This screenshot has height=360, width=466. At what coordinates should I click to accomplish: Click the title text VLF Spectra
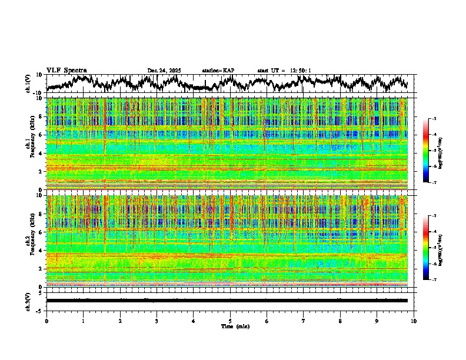point(66,70)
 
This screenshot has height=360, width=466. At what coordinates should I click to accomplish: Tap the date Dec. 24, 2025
point(164,71)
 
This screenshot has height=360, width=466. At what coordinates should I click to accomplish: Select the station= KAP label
point(218,71)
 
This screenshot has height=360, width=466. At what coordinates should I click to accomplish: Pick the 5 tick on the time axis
point(230,321)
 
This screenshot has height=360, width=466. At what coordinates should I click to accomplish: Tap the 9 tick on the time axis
point(377,321)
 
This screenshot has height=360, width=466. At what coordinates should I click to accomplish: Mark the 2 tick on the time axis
point(120,321)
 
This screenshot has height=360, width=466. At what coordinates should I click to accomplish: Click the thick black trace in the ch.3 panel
point(227,301)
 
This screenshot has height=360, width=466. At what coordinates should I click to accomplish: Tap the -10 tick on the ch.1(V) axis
point(38,92)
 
